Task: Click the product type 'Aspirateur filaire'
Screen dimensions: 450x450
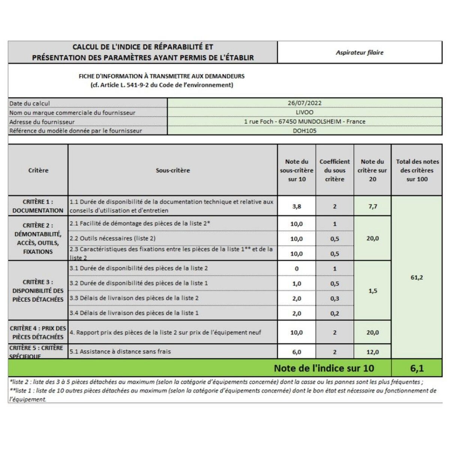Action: (x=359, y=52)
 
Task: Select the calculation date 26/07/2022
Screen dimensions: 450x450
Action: (x=304, y=103)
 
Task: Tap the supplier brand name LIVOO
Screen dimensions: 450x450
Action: (x=304, y=112)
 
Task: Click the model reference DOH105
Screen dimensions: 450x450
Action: (x=304, y=130)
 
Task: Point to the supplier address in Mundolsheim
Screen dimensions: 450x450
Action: (x=304, y=121)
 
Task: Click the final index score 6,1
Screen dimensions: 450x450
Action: (x=417, y=368)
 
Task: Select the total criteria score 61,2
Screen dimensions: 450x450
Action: (x=417, y=277)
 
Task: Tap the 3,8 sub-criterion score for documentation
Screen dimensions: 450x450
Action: (x=296, y=206)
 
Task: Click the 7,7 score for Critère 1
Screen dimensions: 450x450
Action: (x=372, y=206)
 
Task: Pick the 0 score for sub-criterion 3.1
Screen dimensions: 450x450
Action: (x=296, y=268)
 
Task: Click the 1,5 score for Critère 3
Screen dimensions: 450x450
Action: (x=372, y=291)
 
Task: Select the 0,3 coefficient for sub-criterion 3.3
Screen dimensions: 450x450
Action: (x=334, y=298)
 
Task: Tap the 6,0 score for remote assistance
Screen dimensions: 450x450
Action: (x=296, y=352)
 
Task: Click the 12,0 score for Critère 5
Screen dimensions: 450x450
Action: (x=372, y=352)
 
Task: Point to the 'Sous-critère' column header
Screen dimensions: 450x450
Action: (x=172, y=170)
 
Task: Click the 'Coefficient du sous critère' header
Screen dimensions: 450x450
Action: (x=334, y=170)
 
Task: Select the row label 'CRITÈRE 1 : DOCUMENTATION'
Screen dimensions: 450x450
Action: (x=38, y=206)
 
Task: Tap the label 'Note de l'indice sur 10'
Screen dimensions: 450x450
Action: (x=324, y=368)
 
